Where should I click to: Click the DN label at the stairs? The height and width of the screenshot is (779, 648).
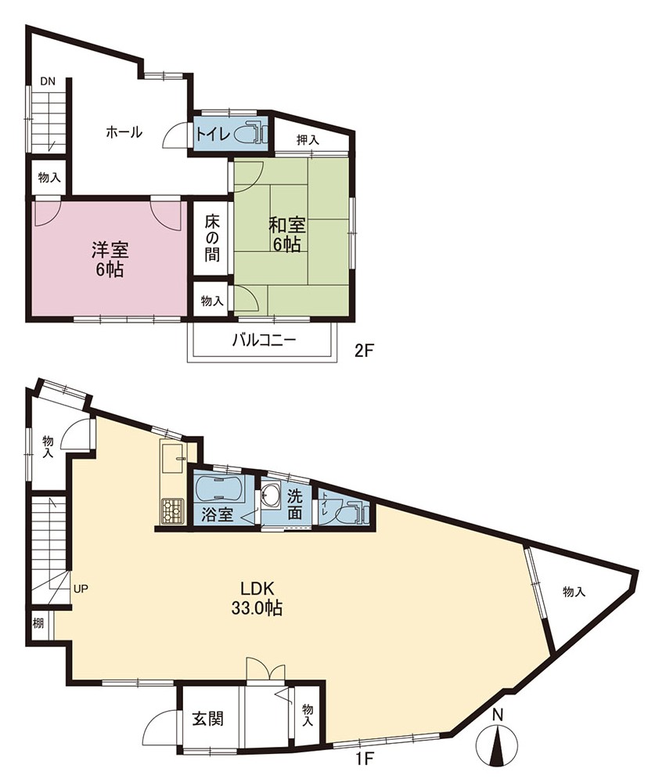[x=48, y=81]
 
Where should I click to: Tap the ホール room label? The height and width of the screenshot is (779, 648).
[x=124, y=132]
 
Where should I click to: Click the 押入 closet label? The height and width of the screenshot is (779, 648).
[x=308, y=140]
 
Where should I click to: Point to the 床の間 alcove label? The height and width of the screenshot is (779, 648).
[x=212, y=237]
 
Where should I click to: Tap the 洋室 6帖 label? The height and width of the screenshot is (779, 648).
[x=110, y=259]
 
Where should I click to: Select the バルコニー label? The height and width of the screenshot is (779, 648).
[x=265, y=341]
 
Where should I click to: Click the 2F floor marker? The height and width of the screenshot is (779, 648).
[x=363, y=351]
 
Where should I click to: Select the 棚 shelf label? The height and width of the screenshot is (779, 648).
[x=38, y=622]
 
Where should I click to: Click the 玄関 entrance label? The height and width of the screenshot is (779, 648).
[x=208, y=719]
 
